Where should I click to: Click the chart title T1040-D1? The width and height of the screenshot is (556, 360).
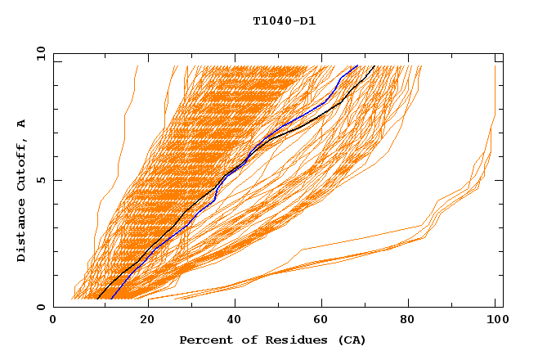pos(284,21)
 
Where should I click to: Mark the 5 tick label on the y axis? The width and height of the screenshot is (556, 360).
pos(40,180)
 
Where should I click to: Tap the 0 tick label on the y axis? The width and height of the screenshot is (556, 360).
pos(40,307)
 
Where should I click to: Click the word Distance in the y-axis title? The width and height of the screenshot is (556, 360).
pos(22,229)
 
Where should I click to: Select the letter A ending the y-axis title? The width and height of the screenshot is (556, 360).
pos(22,124)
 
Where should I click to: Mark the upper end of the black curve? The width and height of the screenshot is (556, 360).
pos(374,65)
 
